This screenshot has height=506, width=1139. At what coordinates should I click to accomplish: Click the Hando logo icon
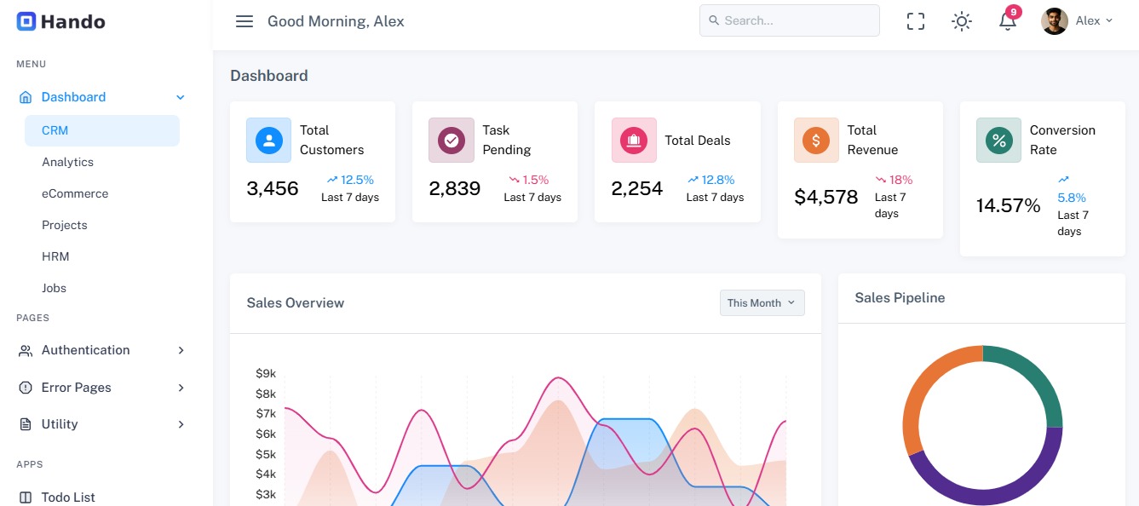coord(26,21)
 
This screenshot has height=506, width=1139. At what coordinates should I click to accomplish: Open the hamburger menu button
coord(244,21)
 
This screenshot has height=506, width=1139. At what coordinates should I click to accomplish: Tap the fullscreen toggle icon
coord(916,21)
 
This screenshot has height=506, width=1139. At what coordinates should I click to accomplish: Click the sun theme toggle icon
coord(962,21)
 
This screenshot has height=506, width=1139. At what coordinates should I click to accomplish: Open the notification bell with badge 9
coord(1008,21)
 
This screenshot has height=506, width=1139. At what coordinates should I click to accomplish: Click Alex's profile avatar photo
coord(1055,21)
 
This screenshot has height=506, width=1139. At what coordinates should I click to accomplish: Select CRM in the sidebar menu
coord(55,130)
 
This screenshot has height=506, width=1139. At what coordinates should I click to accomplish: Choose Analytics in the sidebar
coord(67,162)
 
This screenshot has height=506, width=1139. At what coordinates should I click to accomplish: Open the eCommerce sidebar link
coord(75,193)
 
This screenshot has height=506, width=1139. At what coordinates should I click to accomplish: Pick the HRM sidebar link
coord(55,256)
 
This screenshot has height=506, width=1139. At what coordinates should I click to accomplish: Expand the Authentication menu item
coord(86,350)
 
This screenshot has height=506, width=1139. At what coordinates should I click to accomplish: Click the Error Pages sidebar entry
coord(77,388)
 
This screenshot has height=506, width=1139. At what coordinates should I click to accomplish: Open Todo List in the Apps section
coord(68,497)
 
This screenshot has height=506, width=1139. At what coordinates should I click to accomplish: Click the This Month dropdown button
coord(762,303)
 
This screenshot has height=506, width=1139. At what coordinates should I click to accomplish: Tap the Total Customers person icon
coord(268,140)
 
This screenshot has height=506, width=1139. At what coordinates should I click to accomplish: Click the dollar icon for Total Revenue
coord(816,140)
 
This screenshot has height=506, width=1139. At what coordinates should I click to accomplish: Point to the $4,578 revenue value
coord(826,198)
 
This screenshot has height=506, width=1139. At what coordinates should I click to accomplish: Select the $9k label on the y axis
coord(266,373)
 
